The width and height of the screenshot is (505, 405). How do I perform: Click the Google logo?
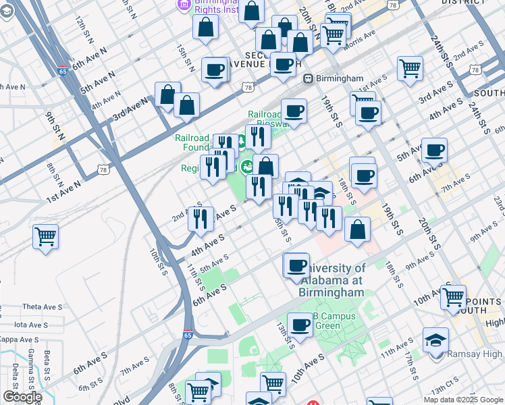point(22,397)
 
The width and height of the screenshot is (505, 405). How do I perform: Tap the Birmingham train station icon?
point(307,78)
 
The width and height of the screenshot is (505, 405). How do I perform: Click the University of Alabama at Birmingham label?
point(331,280)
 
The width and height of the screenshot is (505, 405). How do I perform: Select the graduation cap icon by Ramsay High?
point(435,340)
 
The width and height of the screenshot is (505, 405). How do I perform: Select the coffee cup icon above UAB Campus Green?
point(300,325)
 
